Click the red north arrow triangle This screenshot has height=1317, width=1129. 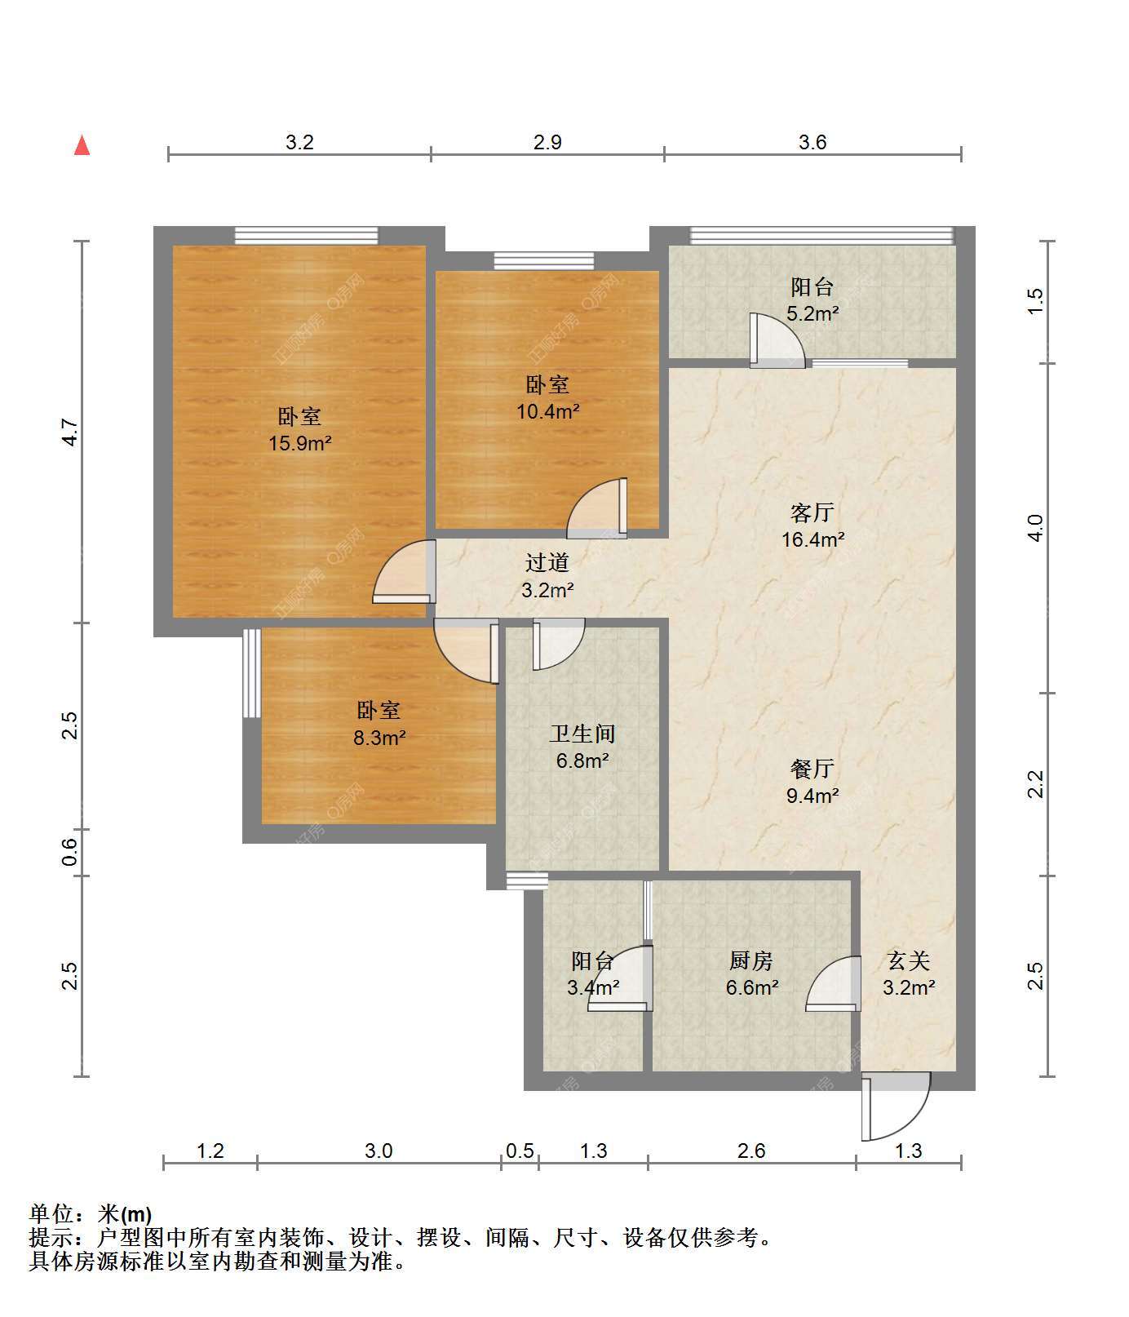pyautogui.click(x=82, y=145)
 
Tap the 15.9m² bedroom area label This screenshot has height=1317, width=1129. pyautogui.click(x=300, y=444)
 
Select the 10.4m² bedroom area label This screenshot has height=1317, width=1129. pyautogui.click(x=547, y=411)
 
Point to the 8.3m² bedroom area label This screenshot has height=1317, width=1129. pyautogui.click(x=379, y=738)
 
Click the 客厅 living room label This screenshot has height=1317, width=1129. pyautogui.click(x=812, y=512)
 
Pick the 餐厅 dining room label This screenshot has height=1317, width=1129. pyautogui.click(x=812, y=769)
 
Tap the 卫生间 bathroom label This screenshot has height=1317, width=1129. pyautogui.click(x=582, y=734)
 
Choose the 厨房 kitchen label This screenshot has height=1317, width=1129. pyautogui.click(x=751, y=960)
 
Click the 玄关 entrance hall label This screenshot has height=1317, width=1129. pyautogui.click(x=909, y=960)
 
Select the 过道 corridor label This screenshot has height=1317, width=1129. pyautogui.click(x=547, y=562)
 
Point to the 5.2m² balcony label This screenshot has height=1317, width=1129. pyautogui.click(x=812, y=313)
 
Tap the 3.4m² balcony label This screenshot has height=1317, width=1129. pyautogui.click(x=593, y=988)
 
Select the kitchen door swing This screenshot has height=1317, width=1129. pyautogui.click(x=833, y=984)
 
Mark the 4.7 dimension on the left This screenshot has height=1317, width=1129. pyautogui.click(x=71, y=432)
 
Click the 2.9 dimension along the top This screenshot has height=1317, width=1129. pyautogui.click(x=547, y=142)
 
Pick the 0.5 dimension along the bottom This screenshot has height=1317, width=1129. pyautogui.click(x=520, y=1151)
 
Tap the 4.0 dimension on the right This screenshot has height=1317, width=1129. pyautogui.click(x=1035, y=528)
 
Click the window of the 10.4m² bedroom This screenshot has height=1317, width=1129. pyautogui.click(x=544, y=261)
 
